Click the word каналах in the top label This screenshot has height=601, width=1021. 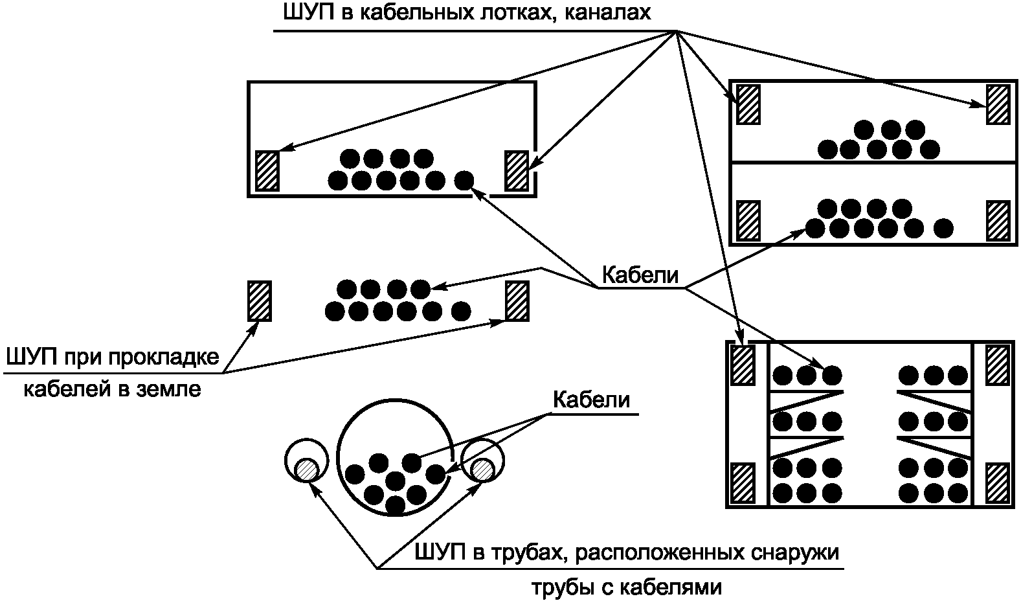[608, 13]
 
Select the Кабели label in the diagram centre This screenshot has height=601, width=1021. [640, 276]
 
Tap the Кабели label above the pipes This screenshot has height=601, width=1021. [590, 400]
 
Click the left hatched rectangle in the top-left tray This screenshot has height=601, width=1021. [267, 170]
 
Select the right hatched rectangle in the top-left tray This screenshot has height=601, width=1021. [516, 170]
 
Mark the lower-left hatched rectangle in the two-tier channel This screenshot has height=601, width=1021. [748, 221]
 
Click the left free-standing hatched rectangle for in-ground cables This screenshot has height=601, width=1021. [260, 300]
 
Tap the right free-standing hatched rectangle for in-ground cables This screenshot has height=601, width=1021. [517, 300]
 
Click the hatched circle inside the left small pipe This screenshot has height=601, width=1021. [306, 469]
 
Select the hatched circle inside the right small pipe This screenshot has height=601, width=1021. [482, 469]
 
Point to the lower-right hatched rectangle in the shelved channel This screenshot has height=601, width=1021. [998, 482]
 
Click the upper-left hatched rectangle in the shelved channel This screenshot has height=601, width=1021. [743, 365]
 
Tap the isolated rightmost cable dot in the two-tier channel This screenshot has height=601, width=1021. [944, 228]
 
